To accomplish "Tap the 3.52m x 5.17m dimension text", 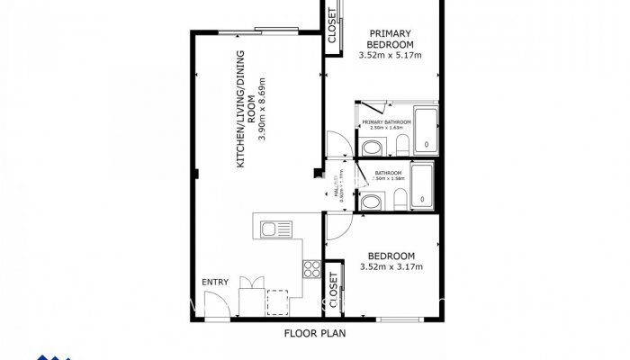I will (390, 55).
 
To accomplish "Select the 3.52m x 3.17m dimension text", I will (391, 267).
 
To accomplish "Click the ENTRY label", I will (215, 283).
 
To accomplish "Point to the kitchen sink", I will (270, 230).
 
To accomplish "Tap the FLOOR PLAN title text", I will (315, 332).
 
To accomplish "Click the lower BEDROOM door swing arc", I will (337, 229).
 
